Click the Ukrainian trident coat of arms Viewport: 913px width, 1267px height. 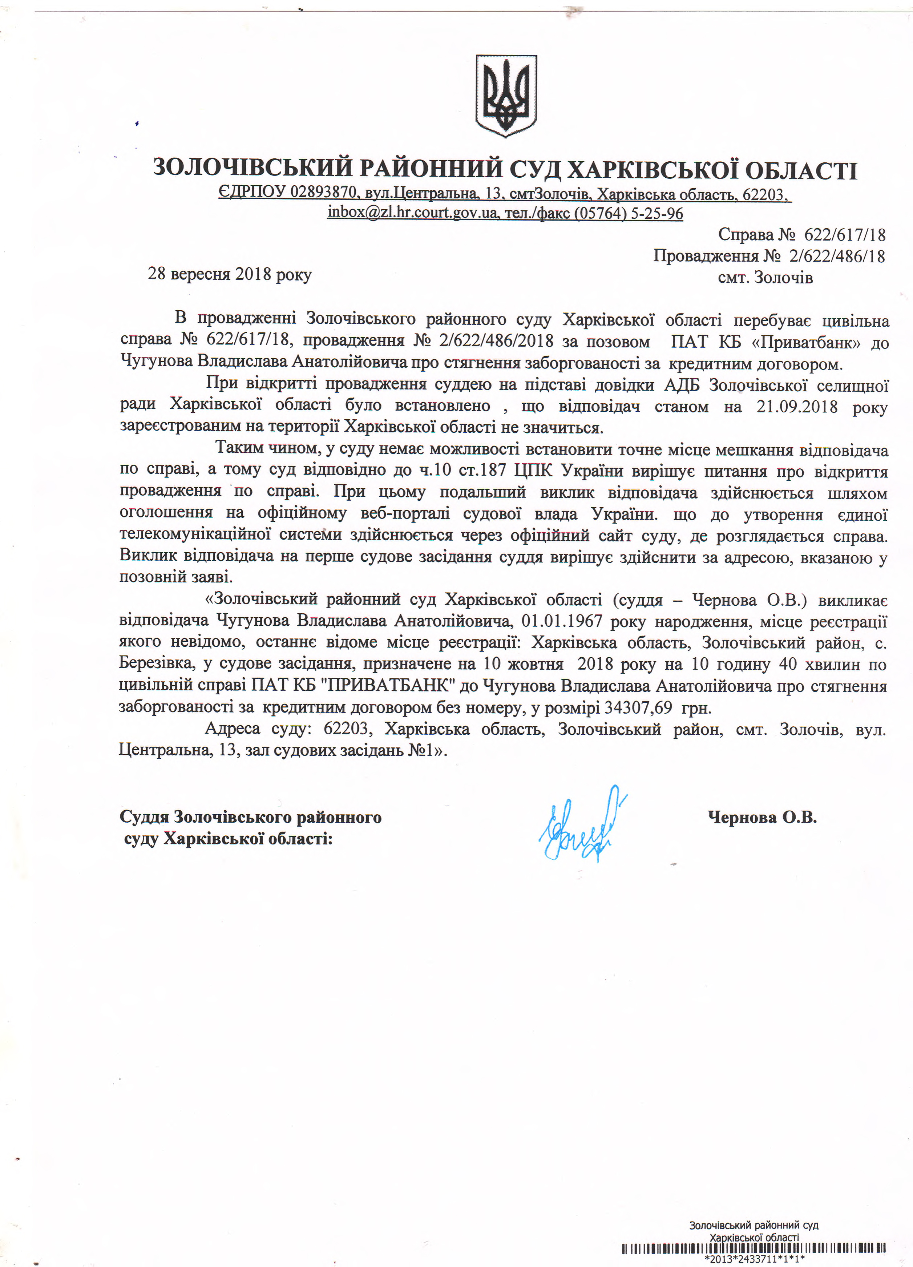(x=506, y=96)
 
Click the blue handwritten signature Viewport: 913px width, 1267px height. (x=581, y=824)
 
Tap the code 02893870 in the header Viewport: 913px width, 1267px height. (x=323, y=193)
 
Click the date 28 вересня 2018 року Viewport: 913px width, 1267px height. (x=230, y=274)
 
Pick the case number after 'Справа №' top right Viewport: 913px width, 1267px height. (x=844, y=235)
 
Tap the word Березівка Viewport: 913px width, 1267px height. (x=157, y=664)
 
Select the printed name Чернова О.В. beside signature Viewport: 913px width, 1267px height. (x=762, y=817)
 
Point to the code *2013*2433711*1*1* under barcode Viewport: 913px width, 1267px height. (x=754, y=1259)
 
